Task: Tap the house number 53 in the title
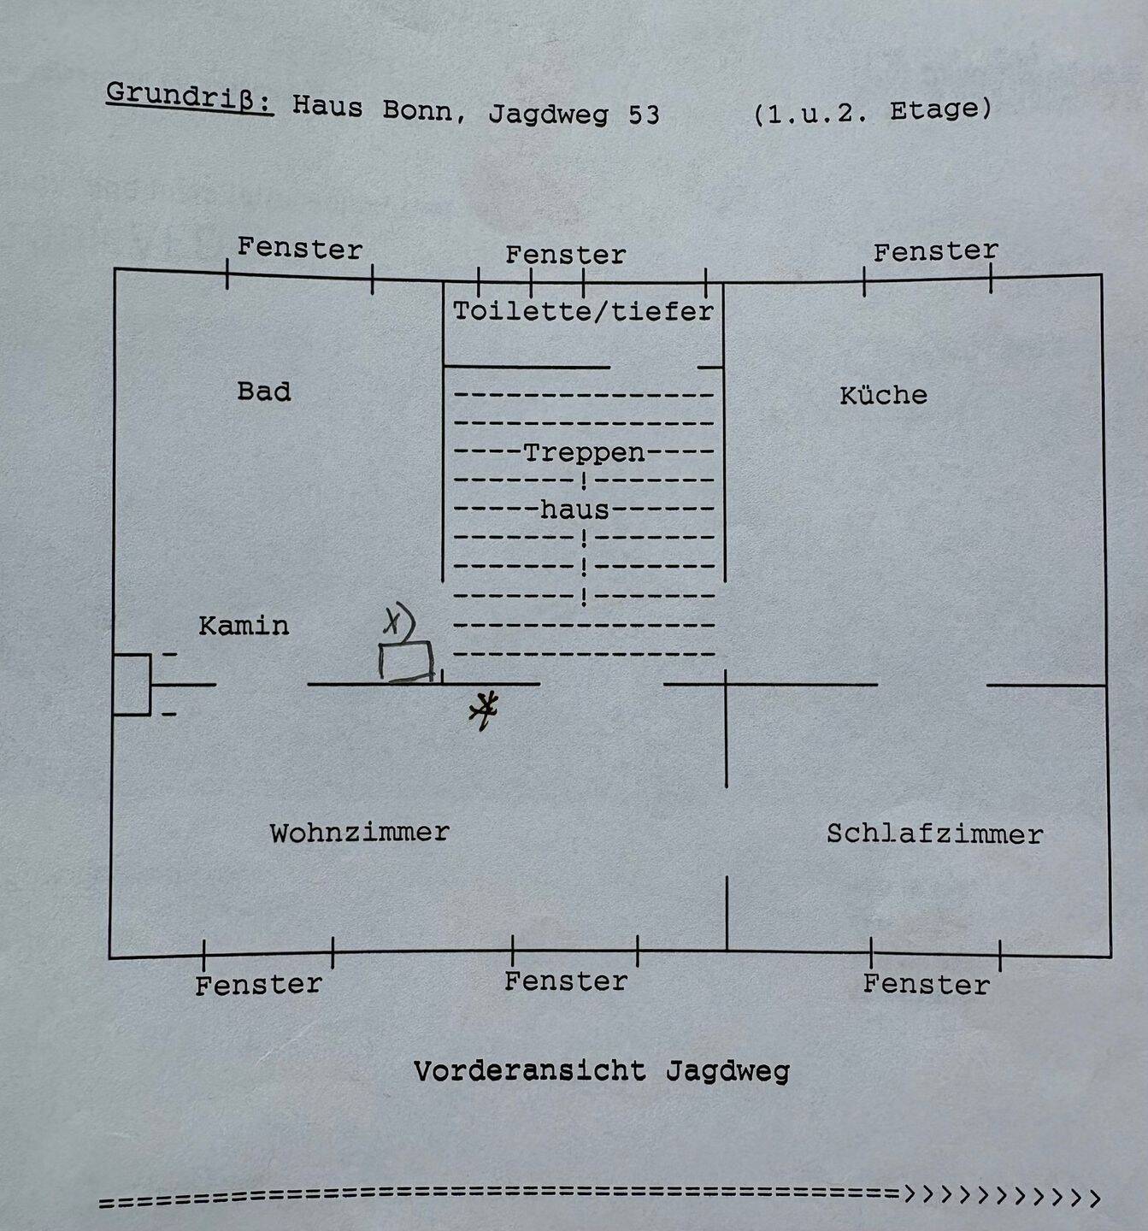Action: (x=644, y=115)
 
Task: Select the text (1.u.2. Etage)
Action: (x=872, y=112)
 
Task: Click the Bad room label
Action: (x=263, y=392)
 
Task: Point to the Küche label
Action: (x=883, y=395)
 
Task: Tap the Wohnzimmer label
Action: (x=360, y=833)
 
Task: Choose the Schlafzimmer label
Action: (x=935, y=834)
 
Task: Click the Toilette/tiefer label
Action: (x=583, y=311)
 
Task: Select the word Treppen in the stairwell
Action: (x=585, y=453)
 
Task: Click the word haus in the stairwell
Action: (x=574, y=509)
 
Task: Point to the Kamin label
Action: (x=244, y=626)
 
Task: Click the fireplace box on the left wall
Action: (x=132, y=684)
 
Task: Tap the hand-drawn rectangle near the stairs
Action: (x=406, y=662)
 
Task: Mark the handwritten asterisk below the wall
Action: (x=484, y=710)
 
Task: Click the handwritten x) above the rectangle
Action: (x=398, y=621)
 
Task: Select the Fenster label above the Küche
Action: (x=935, y=251)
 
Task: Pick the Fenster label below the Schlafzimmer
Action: (x=926, y=984)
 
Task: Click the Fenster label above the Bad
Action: (x=299, y=249)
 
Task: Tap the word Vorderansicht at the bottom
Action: (x=530, y=1071)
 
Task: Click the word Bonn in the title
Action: (x=417, y=112)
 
